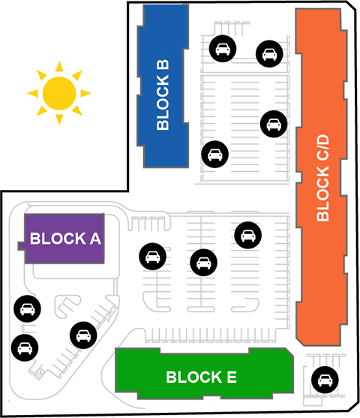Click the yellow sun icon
tap(59, 93)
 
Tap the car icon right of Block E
tap(325, 380)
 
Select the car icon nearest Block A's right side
tap(152, 257)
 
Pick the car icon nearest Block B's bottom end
tap(214, 155)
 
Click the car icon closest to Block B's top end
tap(223, 49)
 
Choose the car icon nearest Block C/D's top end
tap(269, 54)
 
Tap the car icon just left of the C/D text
tap(274, 124)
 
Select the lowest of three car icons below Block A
tap(25, 348)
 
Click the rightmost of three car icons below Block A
tap(83, 335)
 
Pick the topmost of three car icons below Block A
tap(27, 308)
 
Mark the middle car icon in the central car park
tap(203, 263)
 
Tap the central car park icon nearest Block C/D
tap(247, 235)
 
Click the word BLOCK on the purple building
tap(58, 239)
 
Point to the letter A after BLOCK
tap(95, 239)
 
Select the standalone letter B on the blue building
tap(163, 65)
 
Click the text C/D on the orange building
tap(322, 148)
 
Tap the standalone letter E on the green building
tap(232, 377)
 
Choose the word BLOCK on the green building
tap(194, 377)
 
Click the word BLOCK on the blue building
tap(163, 102)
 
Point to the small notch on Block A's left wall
tap(21, 246)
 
